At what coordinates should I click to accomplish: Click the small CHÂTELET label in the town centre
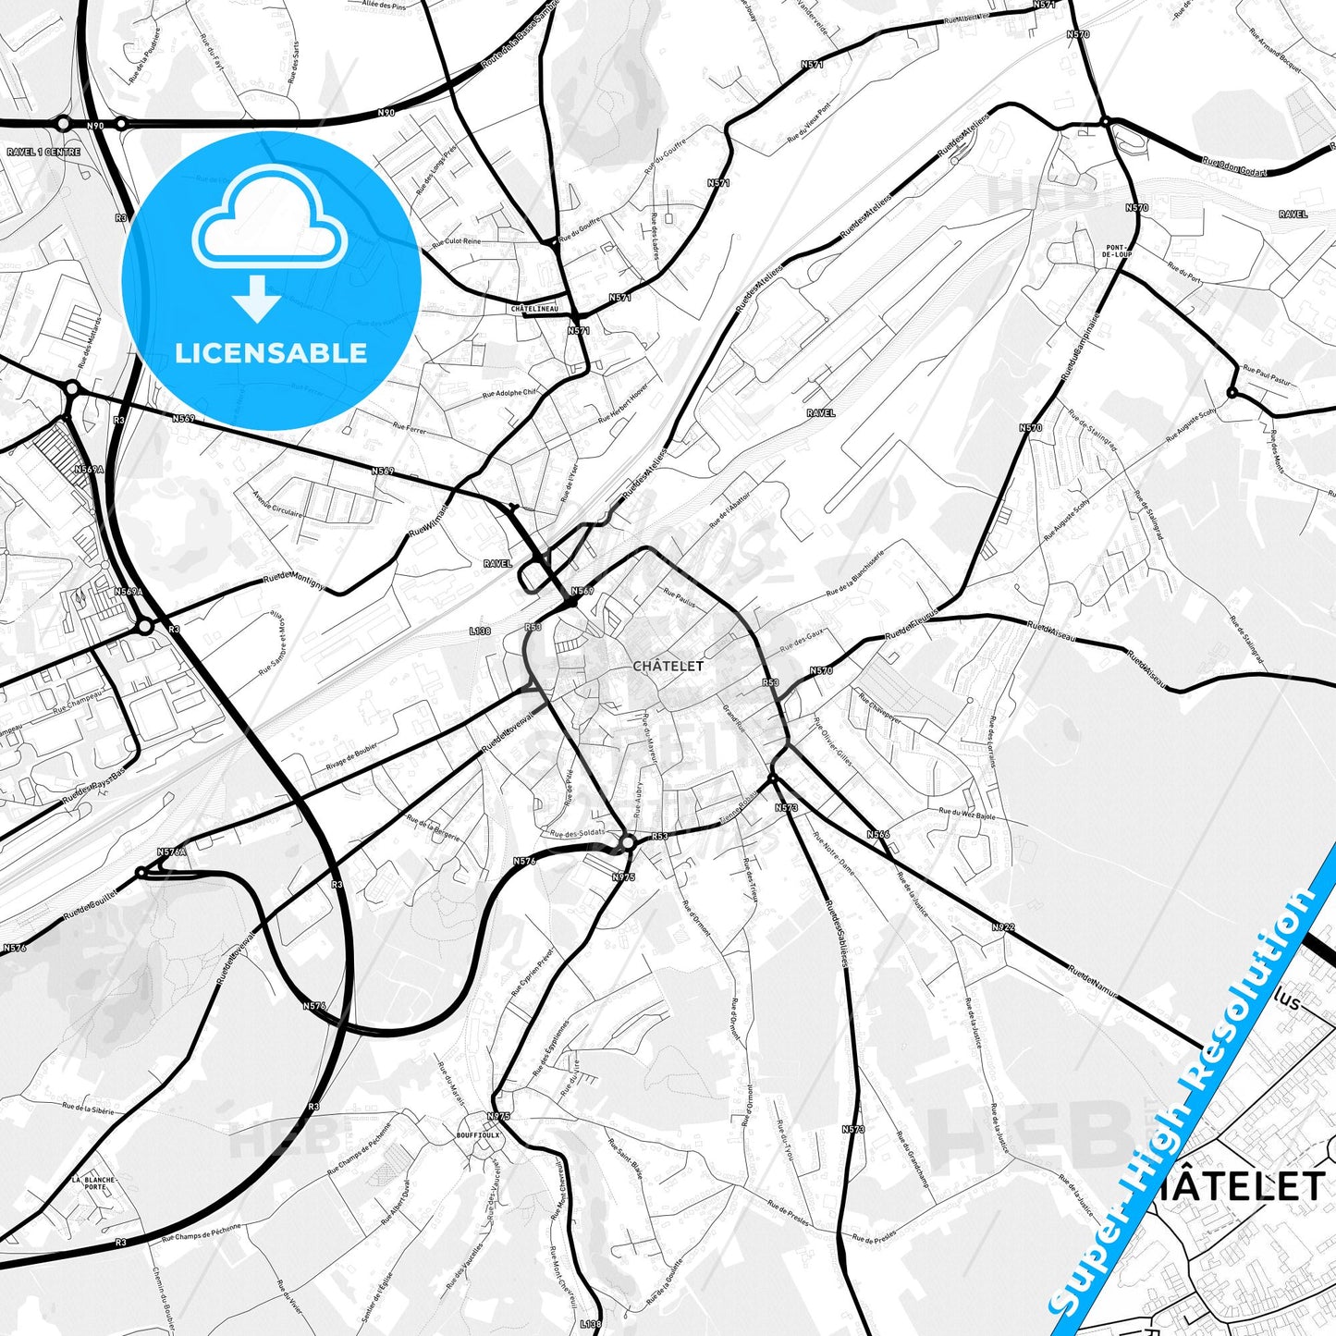click(668, 666)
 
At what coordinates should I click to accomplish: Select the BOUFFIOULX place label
click(478, 1134)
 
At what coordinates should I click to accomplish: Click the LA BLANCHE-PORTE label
click(94, 1183)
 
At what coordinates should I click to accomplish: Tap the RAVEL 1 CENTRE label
click(43, 152)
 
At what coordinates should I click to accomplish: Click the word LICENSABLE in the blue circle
click(271, 352)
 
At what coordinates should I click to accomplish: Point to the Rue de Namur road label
click(1093, 983)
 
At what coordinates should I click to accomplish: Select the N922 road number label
click(1003, 926)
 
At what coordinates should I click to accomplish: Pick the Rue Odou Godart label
click(1234, 165)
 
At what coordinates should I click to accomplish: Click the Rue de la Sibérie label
click(89, 1107)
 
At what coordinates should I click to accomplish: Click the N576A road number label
click(172, 852)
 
